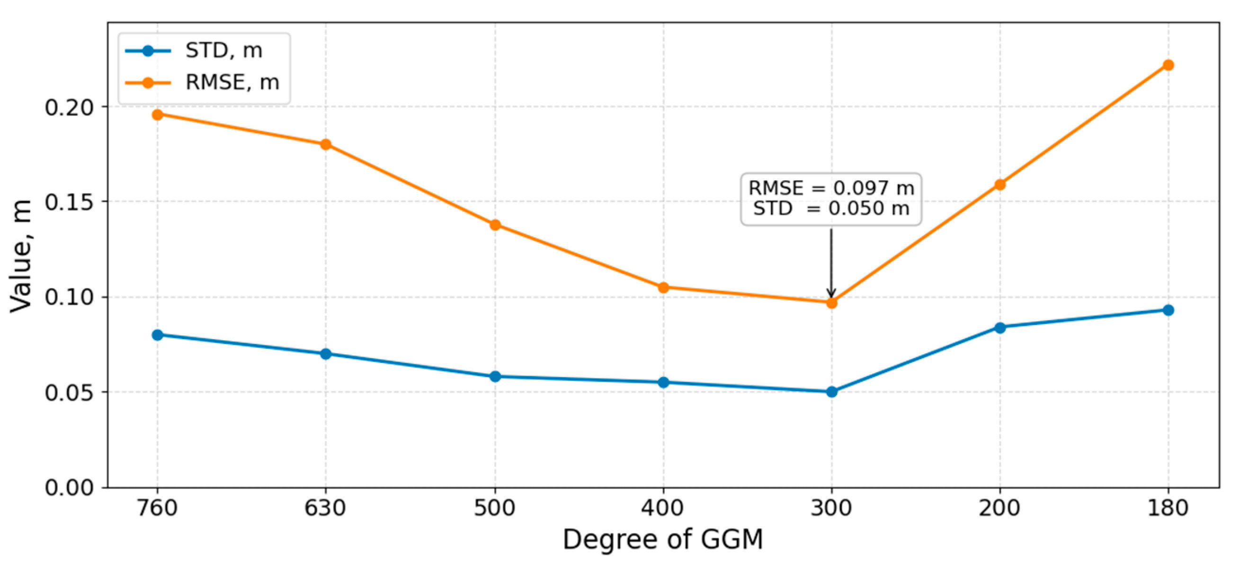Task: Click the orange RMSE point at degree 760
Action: pos(157,114)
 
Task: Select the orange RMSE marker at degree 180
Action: pos(1168,65)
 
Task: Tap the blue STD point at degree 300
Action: pos(831,392)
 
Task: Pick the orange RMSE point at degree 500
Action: pos(495,225)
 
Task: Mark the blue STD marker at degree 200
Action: pos(1000,327)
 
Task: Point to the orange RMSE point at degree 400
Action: pos(663,287)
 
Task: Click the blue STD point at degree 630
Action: pos(325,353)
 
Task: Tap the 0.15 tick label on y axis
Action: pos(69,202)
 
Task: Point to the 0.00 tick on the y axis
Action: pos(69,487)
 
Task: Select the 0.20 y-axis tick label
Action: pos(69,107)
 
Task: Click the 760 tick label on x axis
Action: pos(157,509)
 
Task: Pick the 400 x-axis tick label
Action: pos(663,509)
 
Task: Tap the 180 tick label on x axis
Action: pos(1168,509)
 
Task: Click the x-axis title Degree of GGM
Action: pos(663,539)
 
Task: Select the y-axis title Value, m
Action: pos(21,255)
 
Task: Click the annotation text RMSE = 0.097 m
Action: pos(831,188)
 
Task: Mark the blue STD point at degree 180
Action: pos(1168,310)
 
